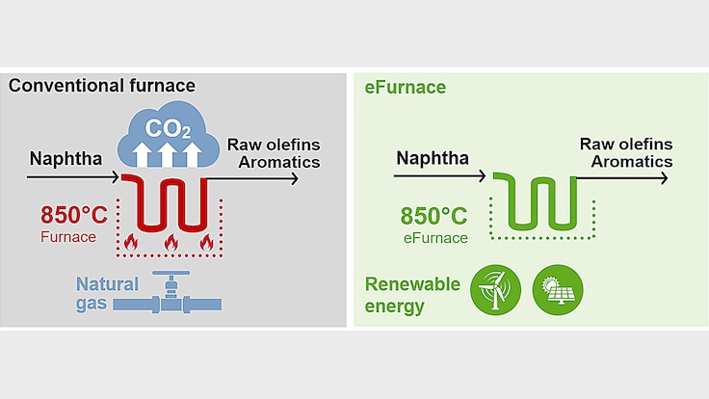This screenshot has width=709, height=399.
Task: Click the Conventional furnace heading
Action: pyautogui.click(x=102, y=86)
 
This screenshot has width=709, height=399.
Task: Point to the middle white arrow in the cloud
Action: pyautogui.click(x=167, y=154)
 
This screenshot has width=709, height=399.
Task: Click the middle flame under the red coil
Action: pyautogui.click(x=169, y=244)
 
